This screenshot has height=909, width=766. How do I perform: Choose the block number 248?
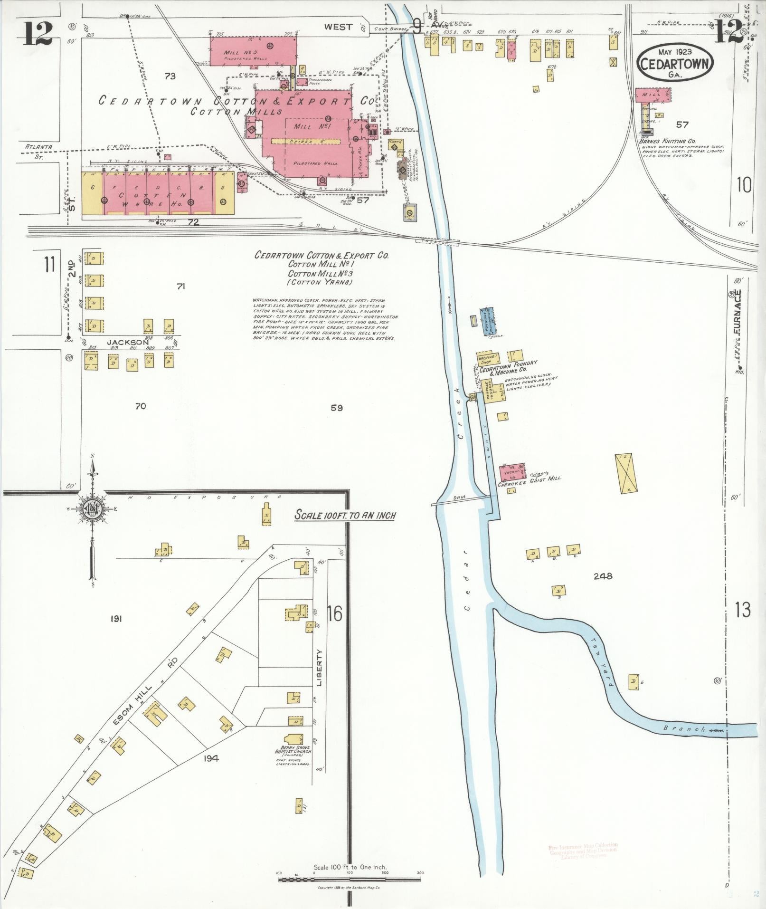[603, 576]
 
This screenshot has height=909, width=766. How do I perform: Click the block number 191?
[116, 619]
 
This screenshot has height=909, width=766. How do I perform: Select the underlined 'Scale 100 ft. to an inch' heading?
[345, 515]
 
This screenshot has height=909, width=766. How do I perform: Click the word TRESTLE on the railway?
[438, 242]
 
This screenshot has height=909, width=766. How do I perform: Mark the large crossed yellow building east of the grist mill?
[625, 474]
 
